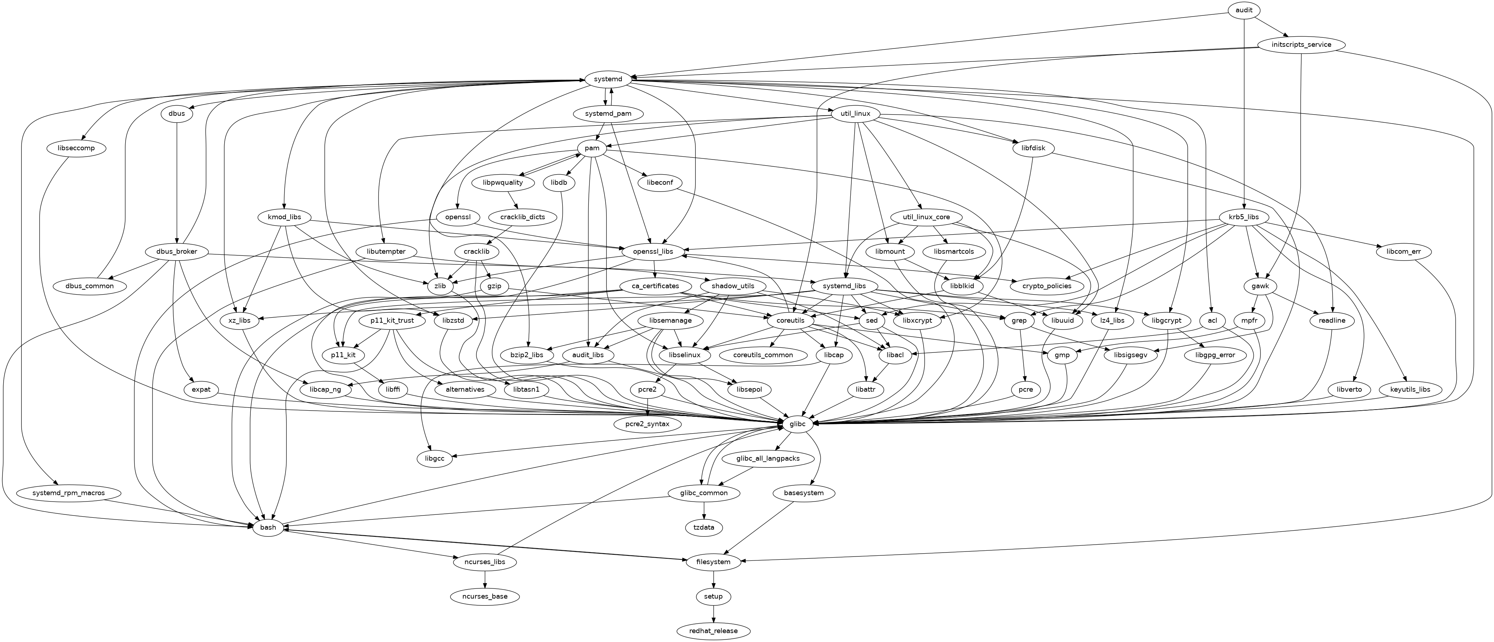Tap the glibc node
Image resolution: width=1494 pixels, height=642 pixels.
tap(798, 424)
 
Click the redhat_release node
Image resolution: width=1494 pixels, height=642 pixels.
tap(713, 631)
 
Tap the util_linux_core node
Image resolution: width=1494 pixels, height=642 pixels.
tap(926, 217)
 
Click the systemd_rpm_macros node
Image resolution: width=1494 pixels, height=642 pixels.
tap(69, 493)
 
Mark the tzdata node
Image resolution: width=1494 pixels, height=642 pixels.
tap(704, 527)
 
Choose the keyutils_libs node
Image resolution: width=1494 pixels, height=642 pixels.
tap(1410, 389)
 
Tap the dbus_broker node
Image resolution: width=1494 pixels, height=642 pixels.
tap(177, 251)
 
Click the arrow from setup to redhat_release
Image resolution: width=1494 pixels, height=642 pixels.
tap(713, 614)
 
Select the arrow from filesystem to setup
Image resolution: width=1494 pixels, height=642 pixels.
tap(713, 579)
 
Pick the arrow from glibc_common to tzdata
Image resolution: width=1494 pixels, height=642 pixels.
tap(704, 510)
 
